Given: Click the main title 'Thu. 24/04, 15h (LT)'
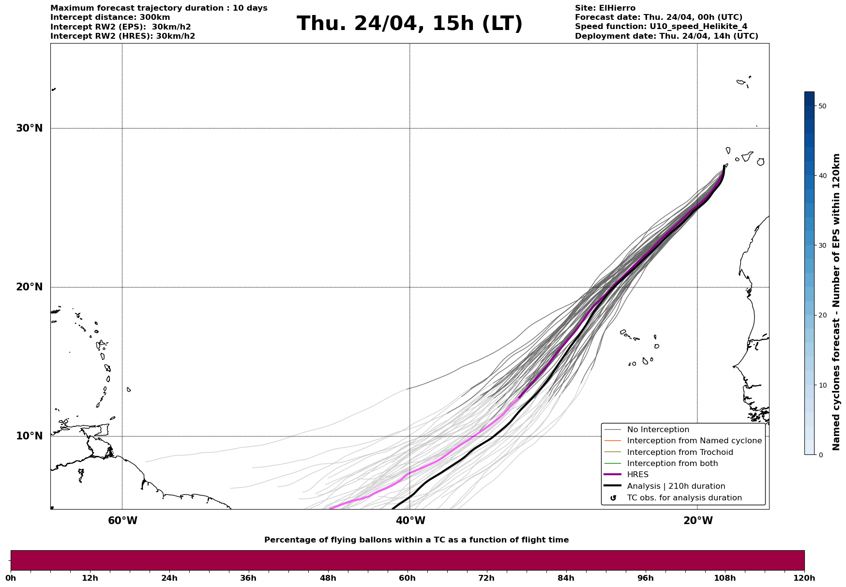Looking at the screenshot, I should pos(409,24).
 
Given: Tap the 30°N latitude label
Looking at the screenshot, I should pos(29,128).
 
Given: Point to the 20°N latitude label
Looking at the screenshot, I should pos(29,287).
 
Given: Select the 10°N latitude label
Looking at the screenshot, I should pos(29,436).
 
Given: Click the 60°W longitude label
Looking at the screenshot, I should pos(122,521).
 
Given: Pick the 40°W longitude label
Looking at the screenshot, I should pos(410,521).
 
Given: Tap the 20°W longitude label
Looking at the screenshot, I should pos(698,521).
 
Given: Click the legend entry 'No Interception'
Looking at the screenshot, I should pos(658,430).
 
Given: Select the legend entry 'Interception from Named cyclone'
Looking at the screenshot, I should pos(694,441).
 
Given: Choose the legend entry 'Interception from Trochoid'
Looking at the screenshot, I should pos(680,452).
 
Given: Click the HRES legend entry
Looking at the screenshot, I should pos(637,475).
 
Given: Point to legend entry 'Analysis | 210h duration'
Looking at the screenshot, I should pos(676,486).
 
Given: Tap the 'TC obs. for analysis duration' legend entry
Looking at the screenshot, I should pos(684,498).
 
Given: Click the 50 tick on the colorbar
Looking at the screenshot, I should pos(822,106).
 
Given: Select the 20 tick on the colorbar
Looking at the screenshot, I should pos(822,315).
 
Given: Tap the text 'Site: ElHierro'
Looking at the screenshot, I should pos(605,8).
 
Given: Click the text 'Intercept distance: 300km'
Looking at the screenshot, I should pos(110,17).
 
